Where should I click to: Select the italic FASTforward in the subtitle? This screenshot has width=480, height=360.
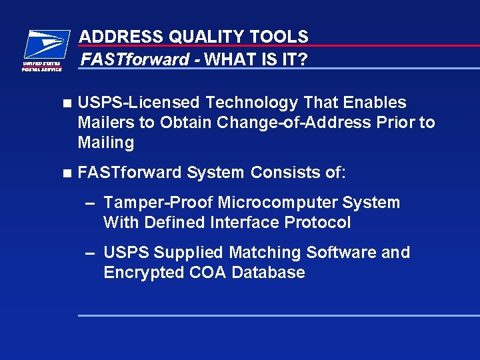(x=135, y=60)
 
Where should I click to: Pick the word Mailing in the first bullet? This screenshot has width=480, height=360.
(x=106, y=143)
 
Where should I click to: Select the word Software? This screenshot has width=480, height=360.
(x=336, y=253)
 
